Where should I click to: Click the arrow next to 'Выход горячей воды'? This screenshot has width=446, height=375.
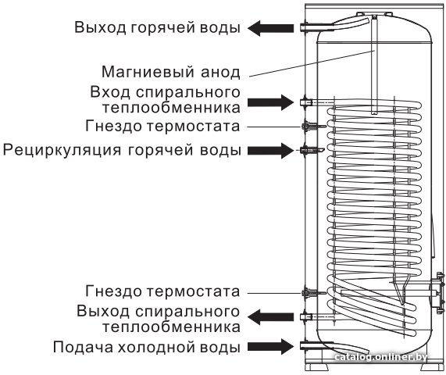270,28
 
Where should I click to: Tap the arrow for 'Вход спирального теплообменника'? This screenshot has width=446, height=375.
270,102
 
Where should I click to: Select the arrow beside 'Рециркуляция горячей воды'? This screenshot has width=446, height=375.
270,151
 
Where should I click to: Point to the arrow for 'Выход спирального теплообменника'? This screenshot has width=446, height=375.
270,317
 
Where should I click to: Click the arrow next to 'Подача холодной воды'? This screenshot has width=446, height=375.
270,347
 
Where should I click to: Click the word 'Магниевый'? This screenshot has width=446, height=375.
149,72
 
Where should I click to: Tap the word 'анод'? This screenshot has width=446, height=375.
221,73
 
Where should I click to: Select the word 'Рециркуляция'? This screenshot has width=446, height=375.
62,150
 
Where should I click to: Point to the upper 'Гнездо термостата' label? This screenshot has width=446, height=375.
162,126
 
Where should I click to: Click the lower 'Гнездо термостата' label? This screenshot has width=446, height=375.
162,291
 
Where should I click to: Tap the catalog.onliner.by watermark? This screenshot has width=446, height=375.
380,357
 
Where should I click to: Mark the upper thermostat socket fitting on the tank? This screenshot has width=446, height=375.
313,126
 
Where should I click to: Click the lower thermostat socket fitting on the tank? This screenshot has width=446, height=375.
313,293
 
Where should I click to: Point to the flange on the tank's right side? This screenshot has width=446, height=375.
437,293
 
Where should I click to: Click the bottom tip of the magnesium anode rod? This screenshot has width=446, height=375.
374,114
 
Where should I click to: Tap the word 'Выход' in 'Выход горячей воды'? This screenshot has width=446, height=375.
100,28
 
